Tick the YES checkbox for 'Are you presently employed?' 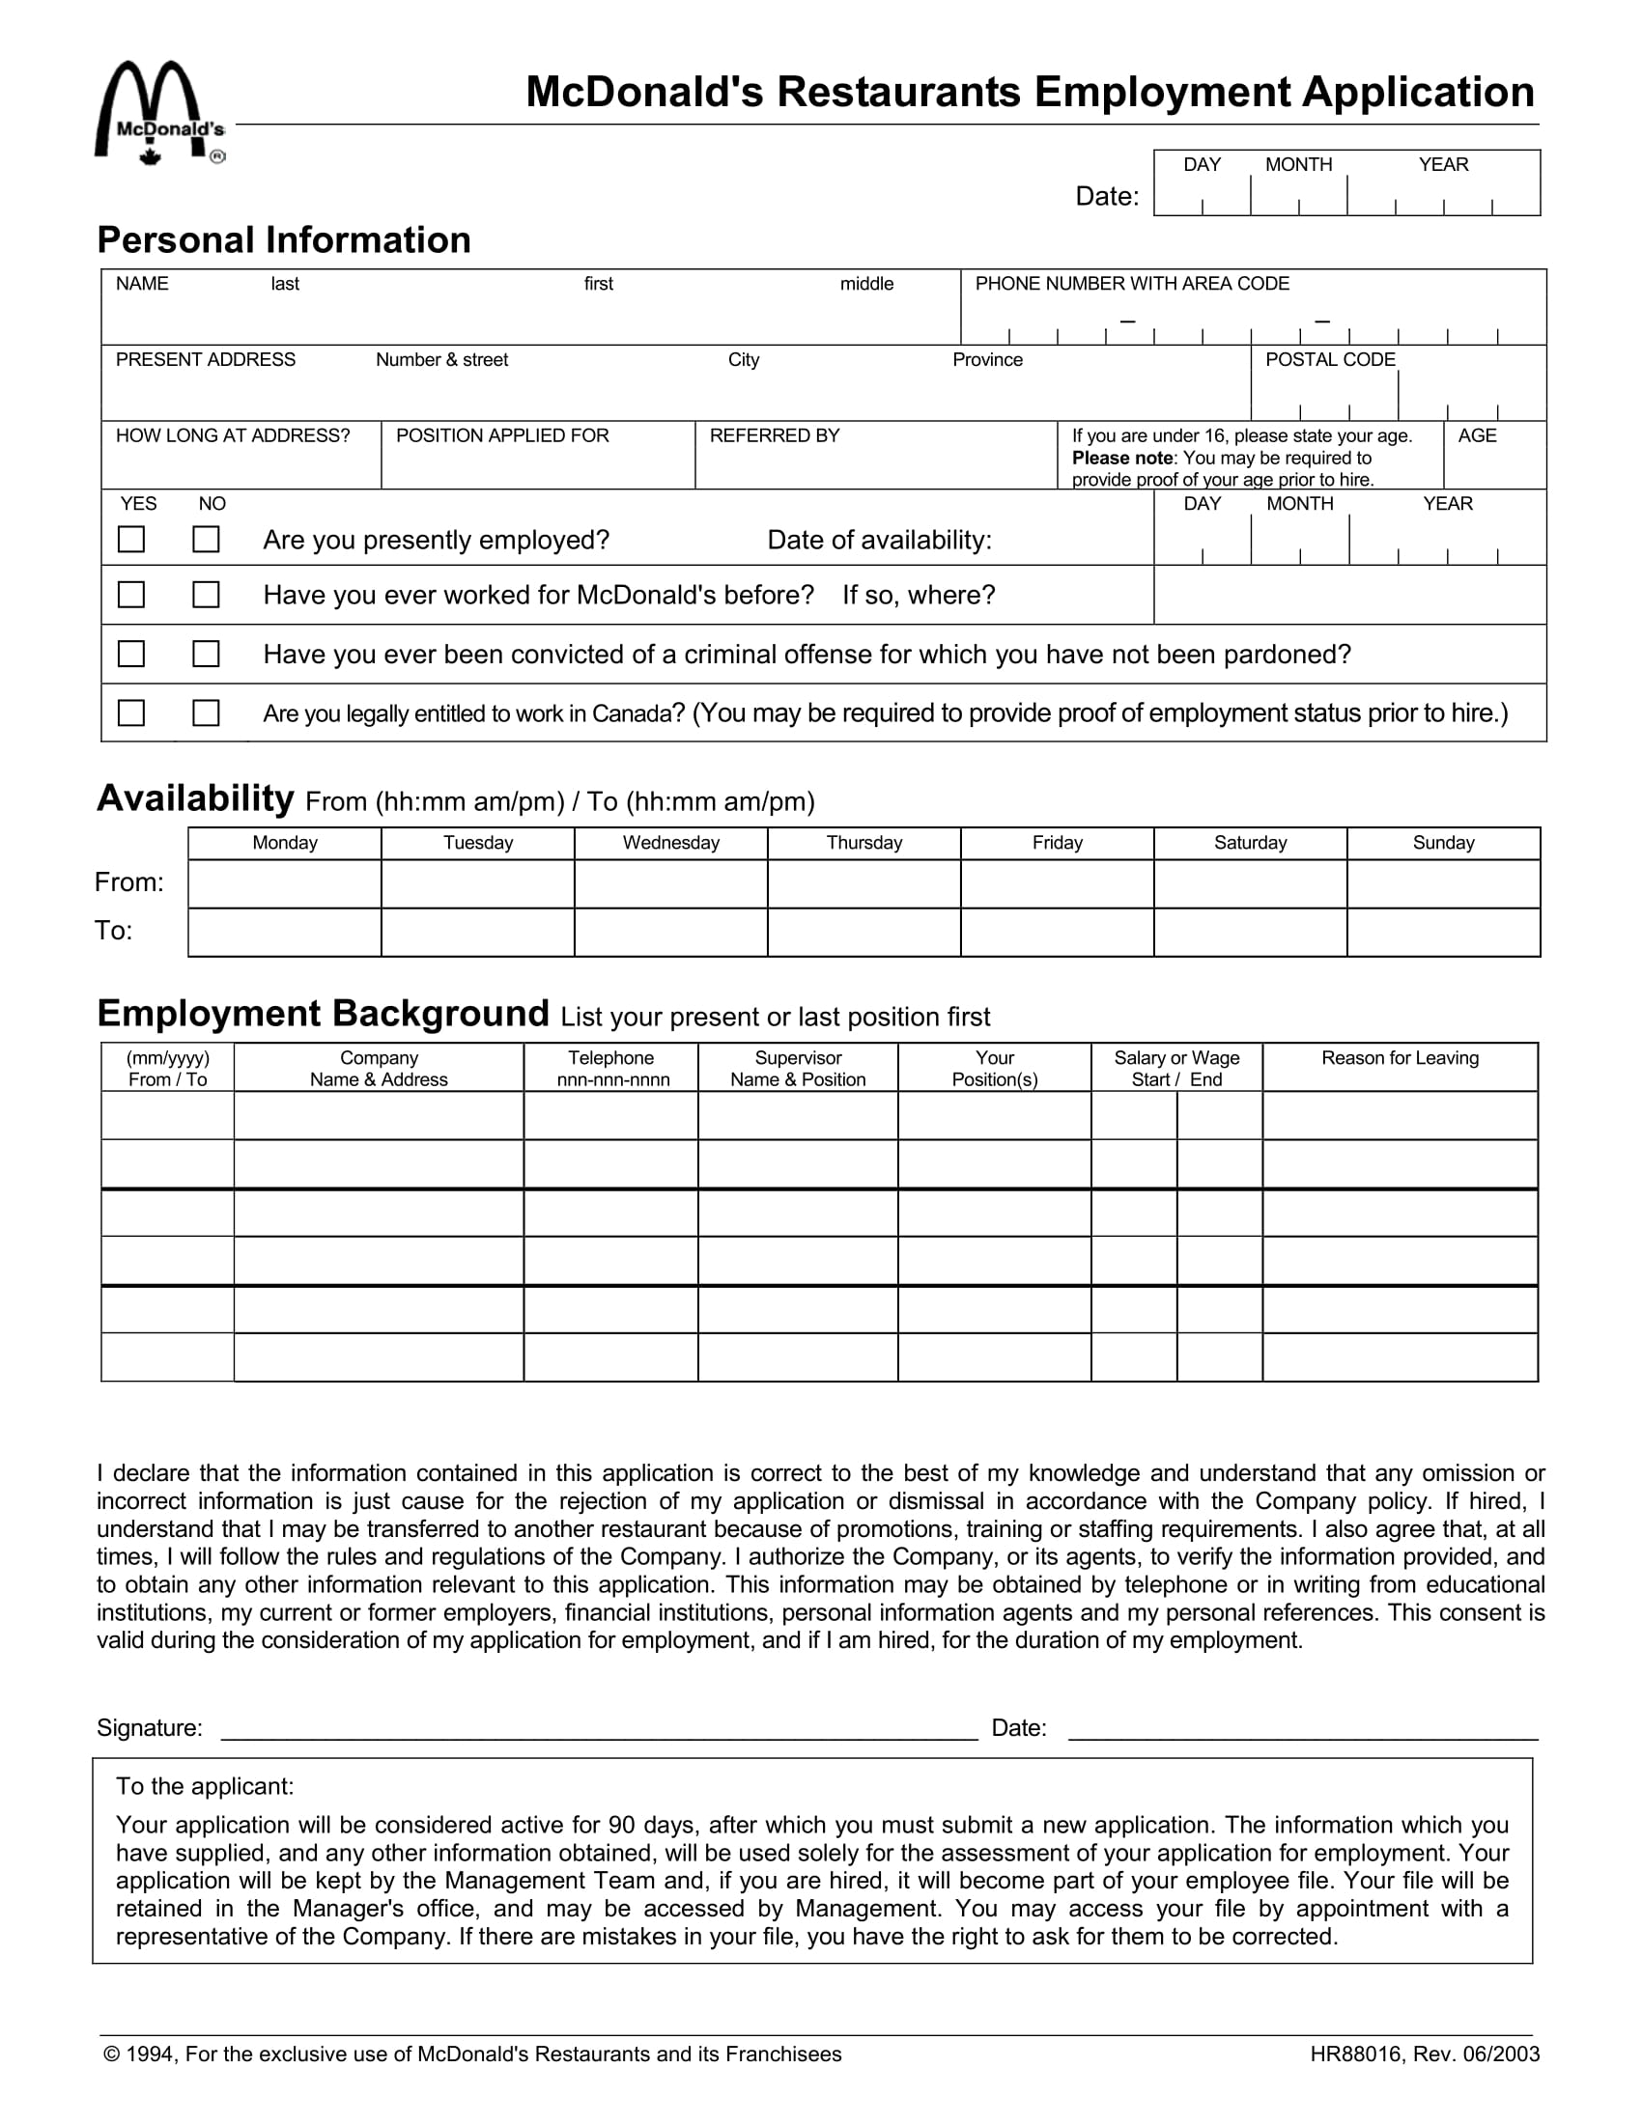coord(131,539)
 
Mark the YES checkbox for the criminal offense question coord(131,654)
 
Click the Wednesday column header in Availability coord(671,843)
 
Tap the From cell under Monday coord(284,884)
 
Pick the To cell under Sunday coord(1444,933)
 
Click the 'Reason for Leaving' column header coord(1400,1058)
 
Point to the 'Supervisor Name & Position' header coord(798,1068)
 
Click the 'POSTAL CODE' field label coord(1330,360)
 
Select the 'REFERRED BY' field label coord(775,435)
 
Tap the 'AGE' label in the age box coord(1477,435)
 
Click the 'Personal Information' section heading coord(284,240)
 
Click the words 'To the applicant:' coord(204,1785)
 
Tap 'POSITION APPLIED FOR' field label coord(502,435)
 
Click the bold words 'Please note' coord(1121,458)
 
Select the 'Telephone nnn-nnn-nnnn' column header coord(611,1068)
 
